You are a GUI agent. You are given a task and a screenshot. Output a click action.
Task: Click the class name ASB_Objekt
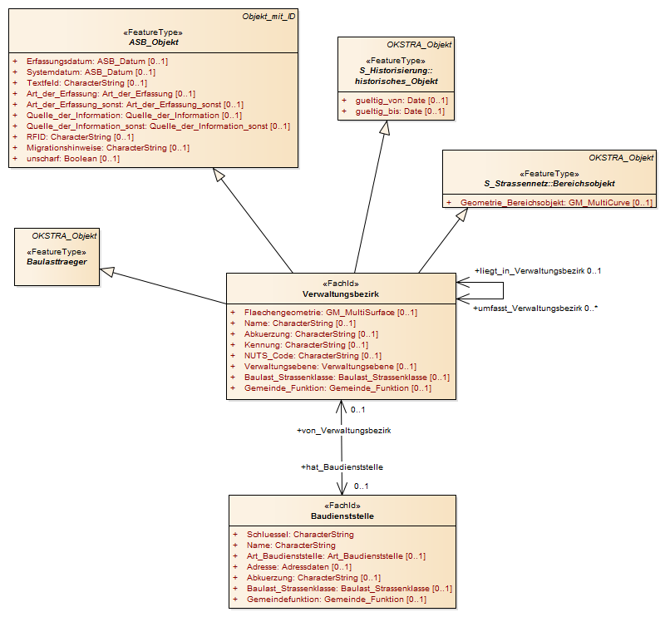154,42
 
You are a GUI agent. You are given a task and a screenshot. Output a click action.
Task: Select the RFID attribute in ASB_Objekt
80,137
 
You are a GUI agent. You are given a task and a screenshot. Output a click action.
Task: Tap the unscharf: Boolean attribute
73,159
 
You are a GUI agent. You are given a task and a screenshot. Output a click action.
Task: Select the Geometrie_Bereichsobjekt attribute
556,203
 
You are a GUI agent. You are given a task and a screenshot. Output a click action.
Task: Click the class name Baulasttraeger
57,262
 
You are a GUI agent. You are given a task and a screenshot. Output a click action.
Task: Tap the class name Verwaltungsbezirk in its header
341,294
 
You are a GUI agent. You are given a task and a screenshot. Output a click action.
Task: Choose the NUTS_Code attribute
313,356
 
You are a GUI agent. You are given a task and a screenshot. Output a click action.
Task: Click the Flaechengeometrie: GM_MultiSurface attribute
331,313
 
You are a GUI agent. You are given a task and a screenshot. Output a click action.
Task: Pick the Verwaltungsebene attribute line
330,366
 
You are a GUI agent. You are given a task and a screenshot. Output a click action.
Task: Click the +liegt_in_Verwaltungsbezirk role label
530,271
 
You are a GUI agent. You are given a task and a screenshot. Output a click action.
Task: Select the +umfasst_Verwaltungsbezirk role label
528,308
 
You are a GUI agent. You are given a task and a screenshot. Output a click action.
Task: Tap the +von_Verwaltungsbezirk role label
344,431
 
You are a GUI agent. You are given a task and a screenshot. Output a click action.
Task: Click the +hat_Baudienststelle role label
342,467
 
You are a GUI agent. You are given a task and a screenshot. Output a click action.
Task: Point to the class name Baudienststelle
342,516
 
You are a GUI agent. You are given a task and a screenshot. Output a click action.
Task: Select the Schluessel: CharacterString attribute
300,535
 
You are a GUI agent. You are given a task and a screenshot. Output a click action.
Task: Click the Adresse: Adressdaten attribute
299,567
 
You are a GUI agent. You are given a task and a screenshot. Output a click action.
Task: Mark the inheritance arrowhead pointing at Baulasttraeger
107,272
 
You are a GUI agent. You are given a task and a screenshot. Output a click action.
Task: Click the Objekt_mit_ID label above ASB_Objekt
268,17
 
